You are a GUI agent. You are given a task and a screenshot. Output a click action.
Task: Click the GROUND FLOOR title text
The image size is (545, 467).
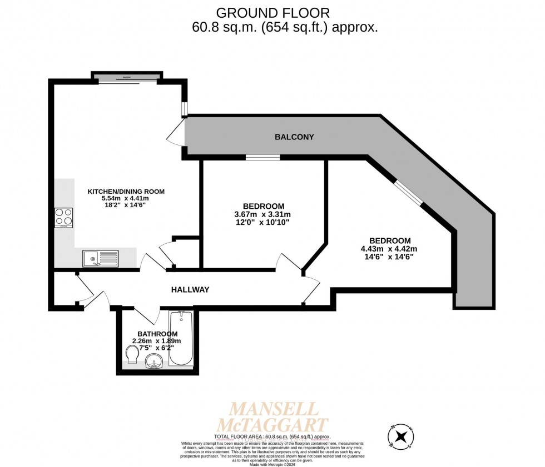pos(272,12)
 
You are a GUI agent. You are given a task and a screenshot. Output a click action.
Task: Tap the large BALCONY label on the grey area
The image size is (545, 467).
pos(294,137)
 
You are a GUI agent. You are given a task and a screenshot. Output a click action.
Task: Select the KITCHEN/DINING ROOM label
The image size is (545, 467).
pos(126,192)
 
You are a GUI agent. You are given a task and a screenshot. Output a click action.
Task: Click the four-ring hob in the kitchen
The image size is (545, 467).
pos(63,217)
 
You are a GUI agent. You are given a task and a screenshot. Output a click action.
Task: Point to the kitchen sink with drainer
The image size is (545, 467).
pos(101,258)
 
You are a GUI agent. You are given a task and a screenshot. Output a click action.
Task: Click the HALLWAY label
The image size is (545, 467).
pos(190,289)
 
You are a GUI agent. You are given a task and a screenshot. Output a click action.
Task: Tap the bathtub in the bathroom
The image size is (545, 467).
pos(181,338)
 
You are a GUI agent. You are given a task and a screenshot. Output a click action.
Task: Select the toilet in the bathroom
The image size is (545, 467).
pos(133,354)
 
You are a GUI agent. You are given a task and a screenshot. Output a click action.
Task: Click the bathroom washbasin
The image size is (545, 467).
pos(154,363)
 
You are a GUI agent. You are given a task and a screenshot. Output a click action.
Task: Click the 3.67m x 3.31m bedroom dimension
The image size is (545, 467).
pos(263,214)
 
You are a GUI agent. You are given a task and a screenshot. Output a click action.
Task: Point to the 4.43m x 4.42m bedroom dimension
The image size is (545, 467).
pos(389,249)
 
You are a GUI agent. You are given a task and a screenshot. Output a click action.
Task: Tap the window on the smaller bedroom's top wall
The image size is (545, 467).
pos(262,158)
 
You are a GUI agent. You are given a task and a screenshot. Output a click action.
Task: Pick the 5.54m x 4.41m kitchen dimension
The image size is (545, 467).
pos(126,199)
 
